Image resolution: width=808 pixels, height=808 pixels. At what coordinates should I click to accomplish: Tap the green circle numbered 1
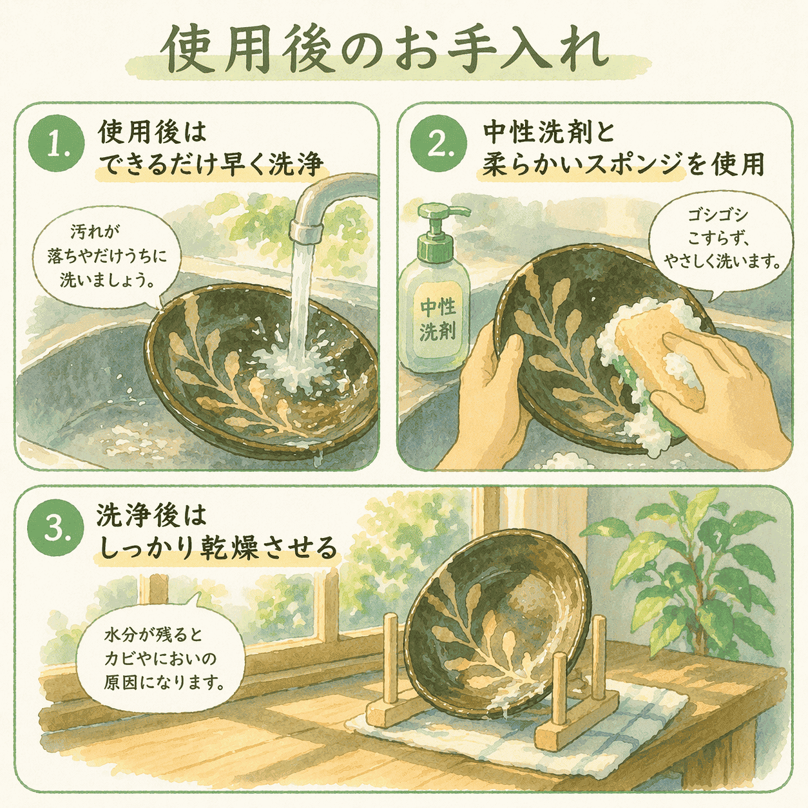pyautogui.click(x=56, y=144)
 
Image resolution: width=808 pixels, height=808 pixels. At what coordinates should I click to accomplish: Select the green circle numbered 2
pyautogui.click(x=438, y=144)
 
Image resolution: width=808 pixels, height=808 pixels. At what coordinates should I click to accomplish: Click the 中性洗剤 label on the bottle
pyautogui.click(x=438, y=320)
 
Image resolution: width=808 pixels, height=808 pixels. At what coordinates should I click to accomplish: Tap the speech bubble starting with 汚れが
pyautogui.click(x=107, y=256)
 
